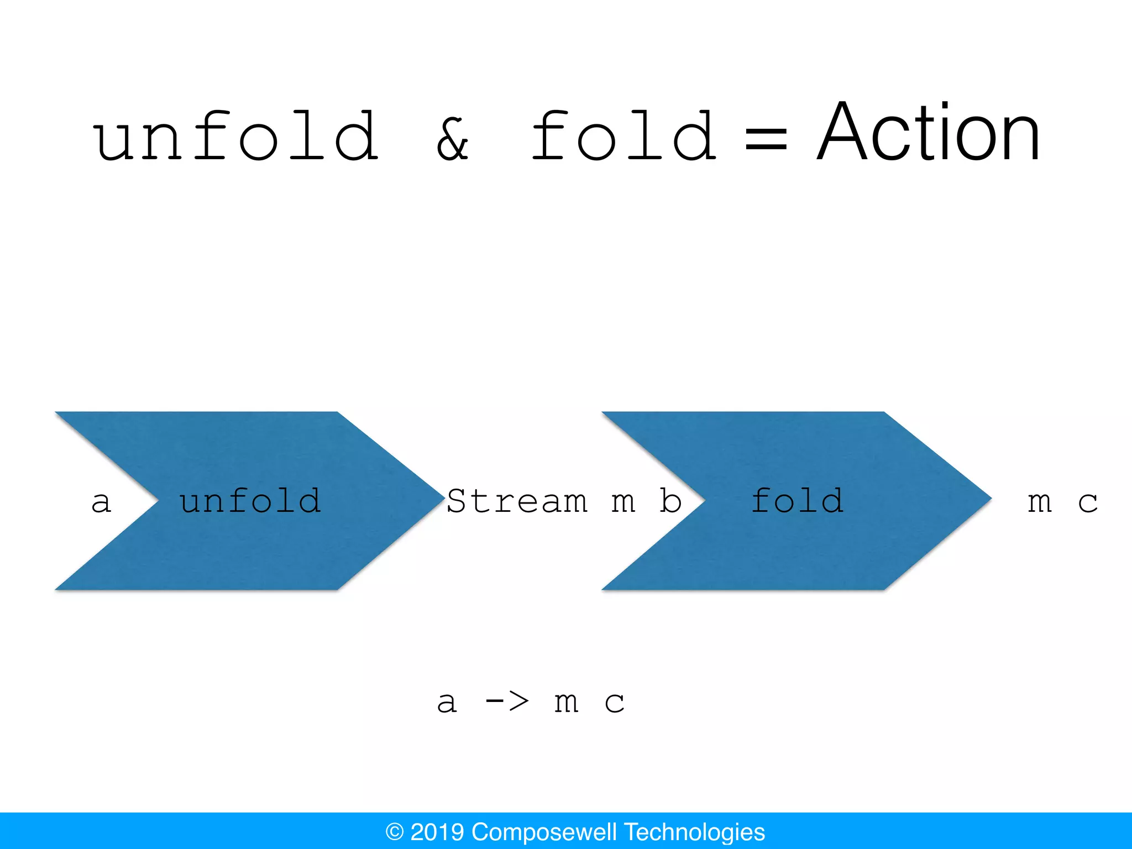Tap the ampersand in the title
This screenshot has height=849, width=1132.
pyautogui.click(x=452, y=139)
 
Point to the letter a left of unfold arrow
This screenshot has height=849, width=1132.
pyautogui.click(x=101, y=502)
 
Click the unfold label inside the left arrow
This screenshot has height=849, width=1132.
pyautogui.click(x=250, y=501)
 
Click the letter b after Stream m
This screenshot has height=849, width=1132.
pyautogui.click(x=670, y=501)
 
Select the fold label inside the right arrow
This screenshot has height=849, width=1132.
pyautogui.click(x=797, y=501)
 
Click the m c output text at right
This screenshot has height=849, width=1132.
pyautogui.click(x=1062, y=502)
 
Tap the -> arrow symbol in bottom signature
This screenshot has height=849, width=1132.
pyautogui.click(x=507, y=702)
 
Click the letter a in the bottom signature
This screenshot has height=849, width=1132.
pyautogui.click(x=447, y=703)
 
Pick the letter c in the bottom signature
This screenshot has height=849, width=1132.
pyautogui.click(x=614, y=703)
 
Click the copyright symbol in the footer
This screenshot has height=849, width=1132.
pyautogui.click(x=395, y=832)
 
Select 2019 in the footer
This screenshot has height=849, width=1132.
pyautogui.click(x=437, y=832)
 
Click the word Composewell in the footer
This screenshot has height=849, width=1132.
pyautogui.click(x=544, y=832)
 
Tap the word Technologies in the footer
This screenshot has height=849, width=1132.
pyautogui.click(x=694, y=832)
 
